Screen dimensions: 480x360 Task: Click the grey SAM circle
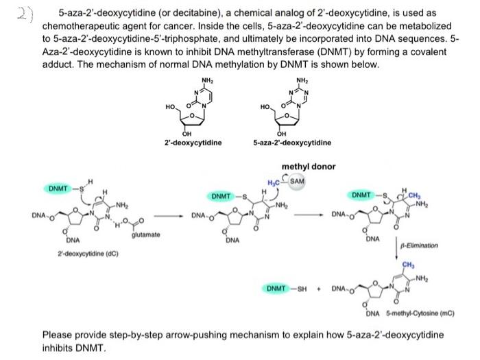pos(297,181)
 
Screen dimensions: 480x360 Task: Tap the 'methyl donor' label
pos(309,167)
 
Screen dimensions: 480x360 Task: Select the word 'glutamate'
pos(145,235)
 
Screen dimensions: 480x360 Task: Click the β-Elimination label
pos(419,245)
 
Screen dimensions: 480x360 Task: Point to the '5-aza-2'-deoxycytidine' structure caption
pos(292,143)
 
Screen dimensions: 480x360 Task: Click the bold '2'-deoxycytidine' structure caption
pos(193,143)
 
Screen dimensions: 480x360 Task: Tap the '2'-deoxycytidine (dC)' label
pos(88,254)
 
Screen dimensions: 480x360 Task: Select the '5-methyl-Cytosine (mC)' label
pos(420,313)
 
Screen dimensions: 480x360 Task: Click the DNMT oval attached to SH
pos(276,289)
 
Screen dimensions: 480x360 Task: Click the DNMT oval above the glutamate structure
pos(58,189)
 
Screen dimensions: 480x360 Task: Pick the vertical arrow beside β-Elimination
pos(396,248)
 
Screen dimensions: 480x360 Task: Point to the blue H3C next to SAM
pos(274,183)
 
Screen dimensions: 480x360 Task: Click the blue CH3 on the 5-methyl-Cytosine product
pos(409,265)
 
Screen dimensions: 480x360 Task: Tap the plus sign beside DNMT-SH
pos(319,289)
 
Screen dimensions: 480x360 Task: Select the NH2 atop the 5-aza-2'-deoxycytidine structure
pos(302,81)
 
